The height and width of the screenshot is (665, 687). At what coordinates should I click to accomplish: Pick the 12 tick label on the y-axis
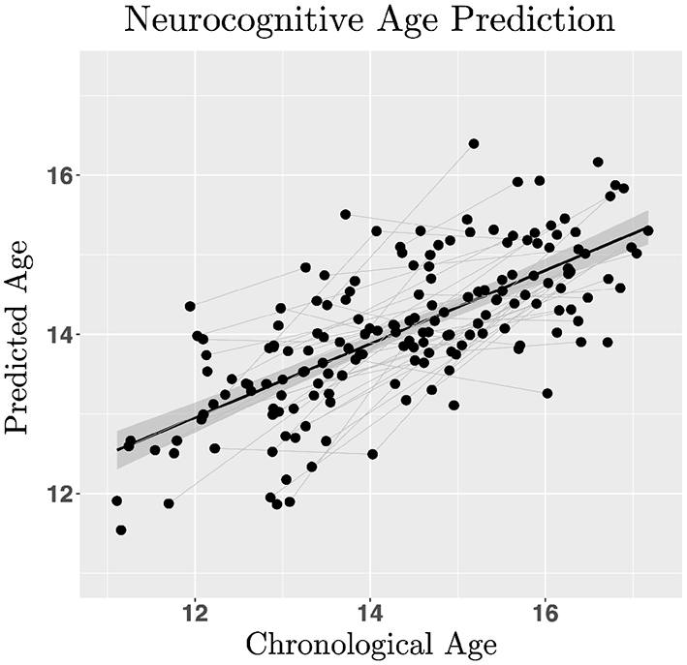[60, 494]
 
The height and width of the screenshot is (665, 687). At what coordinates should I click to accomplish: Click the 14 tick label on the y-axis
[60, 334]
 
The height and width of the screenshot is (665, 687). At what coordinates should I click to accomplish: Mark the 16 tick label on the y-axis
[60, 175]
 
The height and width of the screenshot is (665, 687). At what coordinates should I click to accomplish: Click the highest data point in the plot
[474, 143]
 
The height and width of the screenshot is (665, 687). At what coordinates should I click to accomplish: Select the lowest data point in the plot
[121, 529]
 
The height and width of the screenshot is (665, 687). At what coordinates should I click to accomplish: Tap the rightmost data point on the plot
[648, 230]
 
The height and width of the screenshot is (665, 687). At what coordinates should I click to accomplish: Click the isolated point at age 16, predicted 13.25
[547, 393]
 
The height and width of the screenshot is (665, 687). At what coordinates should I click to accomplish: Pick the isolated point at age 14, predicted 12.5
[372, 454]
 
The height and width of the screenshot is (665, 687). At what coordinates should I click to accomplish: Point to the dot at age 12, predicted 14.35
[190, 306]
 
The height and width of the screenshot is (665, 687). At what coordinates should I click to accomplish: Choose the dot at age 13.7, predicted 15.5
[345, 214]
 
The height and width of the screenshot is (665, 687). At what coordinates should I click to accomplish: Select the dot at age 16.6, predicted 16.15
[598, 162]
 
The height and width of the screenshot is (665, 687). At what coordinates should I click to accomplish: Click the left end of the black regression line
[118, 450]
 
